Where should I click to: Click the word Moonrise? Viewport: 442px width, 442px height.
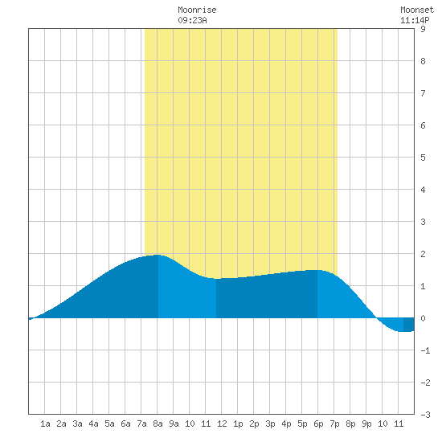[197, 10]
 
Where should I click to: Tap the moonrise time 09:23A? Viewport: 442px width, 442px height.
[192, 20]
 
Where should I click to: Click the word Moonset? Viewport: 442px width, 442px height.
[417, 10]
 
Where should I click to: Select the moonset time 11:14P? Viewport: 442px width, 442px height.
[415, 20]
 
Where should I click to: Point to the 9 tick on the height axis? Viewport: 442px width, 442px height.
[423, 29]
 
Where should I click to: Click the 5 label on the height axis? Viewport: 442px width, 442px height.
[423, 158]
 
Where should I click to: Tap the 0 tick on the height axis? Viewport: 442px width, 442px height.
[423, 318]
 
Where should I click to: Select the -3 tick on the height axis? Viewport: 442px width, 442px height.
[425, 415]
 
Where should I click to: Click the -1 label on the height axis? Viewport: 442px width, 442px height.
[425, 350]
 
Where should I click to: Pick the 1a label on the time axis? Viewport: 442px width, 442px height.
[45, 424]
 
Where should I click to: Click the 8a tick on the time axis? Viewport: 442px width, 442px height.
[158, 424]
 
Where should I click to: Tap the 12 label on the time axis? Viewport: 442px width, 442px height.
[222, 424]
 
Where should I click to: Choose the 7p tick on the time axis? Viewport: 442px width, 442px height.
[334, 424]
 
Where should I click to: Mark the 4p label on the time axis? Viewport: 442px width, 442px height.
[286, 424]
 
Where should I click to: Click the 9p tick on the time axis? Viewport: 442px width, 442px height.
[366, 424]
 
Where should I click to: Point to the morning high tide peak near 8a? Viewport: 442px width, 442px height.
[158, 255]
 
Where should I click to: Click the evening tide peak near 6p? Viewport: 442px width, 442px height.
[317, 270]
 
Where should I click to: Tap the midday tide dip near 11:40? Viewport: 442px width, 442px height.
[216, 279]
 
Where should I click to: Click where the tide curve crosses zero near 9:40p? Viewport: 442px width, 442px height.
[377, 318]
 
